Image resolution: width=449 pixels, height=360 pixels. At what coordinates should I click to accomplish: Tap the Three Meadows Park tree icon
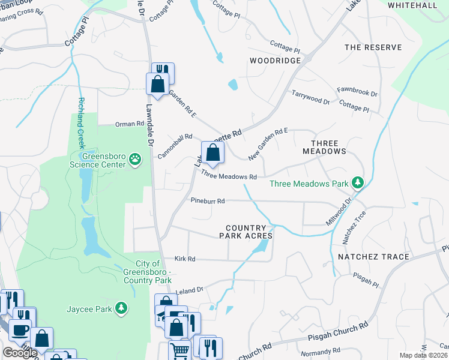point(358,182)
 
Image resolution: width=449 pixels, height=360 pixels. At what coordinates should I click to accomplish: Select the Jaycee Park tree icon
point(122,308)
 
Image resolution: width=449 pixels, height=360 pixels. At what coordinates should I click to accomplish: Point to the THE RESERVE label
point(368,47)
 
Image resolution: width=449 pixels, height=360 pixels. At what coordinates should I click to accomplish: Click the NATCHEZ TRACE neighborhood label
point(373,257)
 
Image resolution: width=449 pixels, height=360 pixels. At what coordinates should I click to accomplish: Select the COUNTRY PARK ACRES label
point(249,232)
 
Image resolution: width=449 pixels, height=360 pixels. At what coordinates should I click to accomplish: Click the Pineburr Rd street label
point(208,201)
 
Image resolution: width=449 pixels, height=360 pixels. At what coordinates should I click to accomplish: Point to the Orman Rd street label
point(130,124)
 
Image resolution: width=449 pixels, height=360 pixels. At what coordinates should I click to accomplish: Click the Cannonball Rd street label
point(175,146)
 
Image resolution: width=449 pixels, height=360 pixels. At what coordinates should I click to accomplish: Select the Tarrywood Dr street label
point(310,97)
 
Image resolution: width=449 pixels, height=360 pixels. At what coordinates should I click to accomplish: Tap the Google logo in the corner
point(20,353)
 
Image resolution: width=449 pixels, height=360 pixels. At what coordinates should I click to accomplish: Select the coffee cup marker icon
point(20,329)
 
